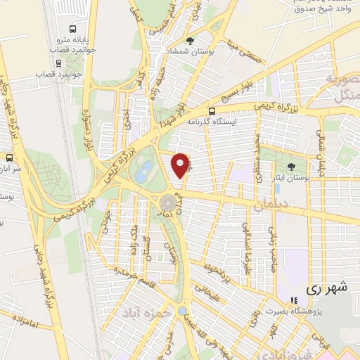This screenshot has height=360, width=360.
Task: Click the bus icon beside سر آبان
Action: [9, 157]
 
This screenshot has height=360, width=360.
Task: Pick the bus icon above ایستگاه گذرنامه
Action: [212, 110]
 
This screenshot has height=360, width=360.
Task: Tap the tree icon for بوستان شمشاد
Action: [191, 41]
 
